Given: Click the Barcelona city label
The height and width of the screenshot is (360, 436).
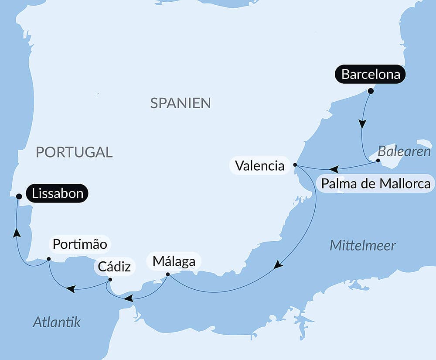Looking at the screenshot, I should (371, 74).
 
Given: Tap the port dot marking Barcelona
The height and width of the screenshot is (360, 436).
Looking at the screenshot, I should (371, 91).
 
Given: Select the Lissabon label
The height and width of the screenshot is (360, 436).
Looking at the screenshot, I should (58, 193).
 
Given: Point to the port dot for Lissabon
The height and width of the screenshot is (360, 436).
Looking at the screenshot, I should (19, 196).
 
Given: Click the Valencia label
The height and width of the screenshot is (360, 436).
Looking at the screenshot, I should (259, 166).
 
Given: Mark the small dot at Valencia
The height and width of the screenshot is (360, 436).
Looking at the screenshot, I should (295, 165).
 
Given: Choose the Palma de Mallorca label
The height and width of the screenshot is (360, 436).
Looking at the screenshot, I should (376, 184).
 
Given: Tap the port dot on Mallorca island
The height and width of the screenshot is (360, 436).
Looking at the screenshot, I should (378, 161).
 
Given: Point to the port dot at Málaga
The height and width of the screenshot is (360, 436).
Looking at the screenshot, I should (168, 274).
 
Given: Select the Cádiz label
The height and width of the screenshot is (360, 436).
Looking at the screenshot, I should (114, 266).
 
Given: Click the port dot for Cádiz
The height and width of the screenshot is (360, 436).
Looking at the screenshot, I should (110, 280).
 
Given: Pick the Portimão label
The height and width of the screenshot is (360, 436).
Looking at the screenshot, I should (80, 244).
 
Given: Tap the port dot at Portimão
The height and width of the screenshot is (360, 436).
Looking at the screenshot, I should (49, 259).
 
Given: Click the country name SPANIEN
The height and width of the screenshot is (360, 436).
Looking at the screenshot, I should (181, 103).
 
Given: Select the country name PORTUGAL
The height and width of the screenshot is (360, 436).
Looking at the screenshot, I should (74, 152).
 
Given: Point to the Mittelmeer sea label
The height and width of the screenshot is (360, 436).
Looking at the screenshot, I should (362, 245).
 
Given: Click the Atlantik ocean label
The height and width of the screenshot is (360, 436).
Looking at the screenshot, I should (57, 322).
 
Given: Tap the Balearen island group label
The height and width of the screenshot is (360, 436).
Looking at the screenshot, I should (404, 152).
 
